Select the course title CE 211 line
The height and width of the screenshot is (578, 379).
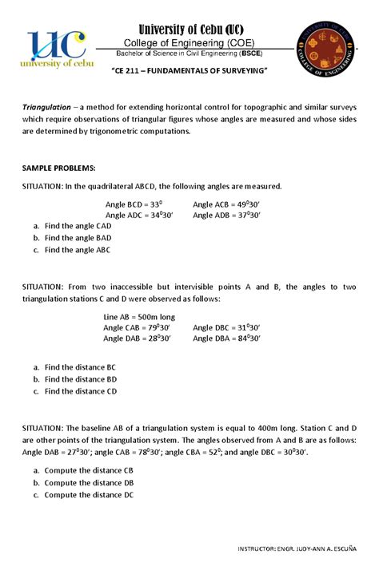pos(189,72)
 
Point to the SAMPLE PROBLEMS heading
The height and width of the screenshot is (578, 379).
pos(59,168)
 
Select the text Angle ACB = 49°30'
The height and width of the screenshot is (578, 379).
pos(227,204)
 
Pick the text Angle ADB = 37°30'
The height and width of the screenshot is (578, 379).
pos(227,215)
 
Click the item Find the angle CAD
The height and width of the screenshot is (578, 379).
pos(78,227)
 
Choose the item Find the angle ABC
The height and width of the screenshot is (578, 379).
pos(78,250)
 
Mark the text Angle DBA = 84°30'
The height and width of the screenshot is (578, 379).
pos(227,338)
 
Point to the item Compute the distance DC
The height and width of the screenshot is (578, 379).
pos(89,495)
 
